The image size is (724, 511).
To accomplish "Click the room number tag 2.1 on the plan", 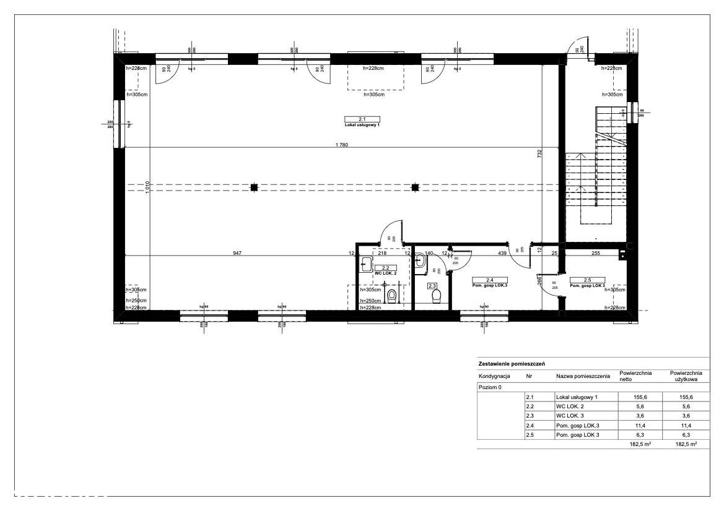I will click(362, 119).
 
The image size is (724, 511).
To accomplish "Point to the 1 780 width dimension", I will click(341, 145).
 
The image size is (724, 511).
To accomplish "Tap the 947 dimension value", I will click(237, 253).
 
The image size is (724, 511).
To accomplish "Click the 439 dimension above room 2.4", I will click(503, 253).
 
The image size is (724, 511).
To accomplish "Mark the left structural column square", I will click(254, 187).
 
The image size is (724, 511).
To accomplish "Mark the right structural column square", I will click(416, 187).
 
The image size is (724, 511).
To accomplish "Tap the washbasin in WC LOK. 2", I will click(365, 262).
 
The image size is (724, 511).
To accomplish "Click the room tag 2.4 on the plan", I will click(489, 280).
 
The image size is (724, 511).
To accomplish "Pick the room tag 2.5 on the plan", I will click(587, 280).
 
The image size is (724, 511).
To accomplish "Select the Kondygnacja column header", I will click(494, 376).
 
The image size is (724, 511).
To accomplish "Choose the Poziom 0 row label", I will click(491, 387).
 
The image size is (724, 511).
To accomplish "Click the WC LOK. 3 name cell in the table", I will click(569, 416).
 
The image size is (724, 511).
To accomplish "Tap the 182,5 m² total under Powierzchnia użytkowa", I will click(684, 444).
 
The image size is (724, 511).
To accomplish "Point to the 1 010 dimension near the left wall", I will click(147, 187).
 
